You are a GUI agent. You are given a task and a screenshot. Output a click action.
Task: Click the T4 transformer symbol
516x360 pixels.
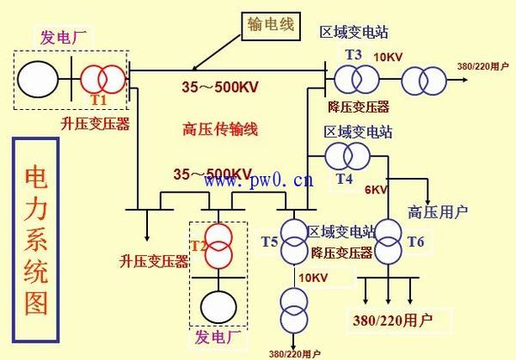[x=347, y=156]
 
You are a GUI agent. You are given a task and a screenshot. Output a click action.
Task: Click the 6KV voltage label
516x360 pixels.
[x=375, y=189]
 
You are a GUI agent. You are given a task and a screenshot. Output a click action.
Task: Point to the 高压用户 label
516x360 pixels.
[x=439, y=212]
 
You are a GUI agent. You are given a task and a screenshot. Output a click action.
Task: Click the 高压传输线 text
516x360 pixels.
[x=220, y=130]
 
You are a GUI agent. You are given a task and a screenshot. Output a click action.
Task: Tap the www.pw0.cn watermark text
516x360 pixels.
[x=258, y=180]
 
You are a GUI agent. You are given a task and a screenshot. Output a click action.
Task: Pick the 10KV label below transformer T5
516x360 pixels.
[x=312, y=278]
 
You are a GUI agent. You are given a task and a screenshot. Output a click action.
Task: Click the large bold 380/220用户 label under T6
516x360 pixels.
[x=392, y=319]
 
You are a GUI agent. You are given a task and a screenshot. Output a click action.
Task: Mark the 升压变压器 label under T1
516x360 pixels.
[x=100, y=124]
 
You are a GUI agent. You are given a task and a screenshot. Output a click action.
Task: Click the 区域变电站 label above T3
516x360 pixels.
[x=353, y=33]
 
